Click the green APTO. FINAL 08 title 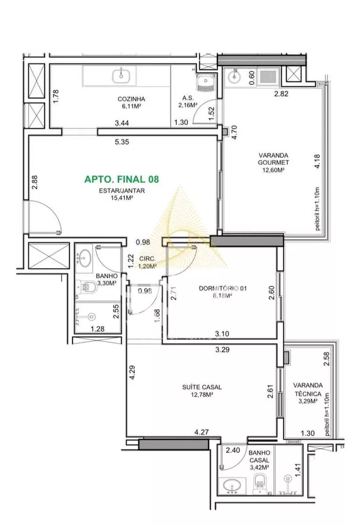point(122,179)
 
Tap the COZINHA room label point(131,98)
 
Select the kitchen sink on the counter point(122,75)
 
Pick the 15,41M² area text point(122,198)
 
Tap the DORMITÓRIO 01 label point(223,288)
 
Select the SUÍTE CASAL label point(203,387)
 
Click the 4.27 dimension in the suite point(201,432)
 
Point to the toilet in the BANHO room point(89,287)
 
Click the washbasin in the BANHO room point(84,257)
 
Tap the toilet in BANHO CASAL point(260,481)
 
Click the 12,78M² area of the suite point(203,395)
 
